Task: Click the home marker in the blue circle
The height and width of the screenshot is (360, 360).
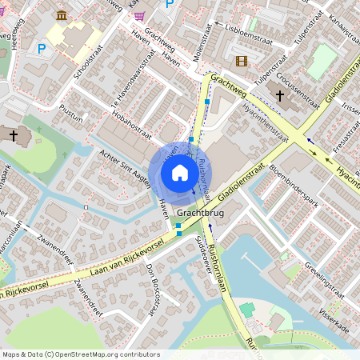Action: pos(180,171)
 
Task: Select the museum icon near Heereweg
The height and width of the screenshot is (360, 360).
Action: pos(62,15)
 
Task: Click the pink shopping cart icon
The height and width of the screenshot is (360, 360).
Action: pos(139,15)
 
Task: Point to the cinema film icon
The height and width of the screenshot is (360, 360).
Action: pos(241,61)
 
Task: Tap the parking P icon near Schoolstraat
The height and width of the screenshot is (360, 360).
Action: pos(42,50)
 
